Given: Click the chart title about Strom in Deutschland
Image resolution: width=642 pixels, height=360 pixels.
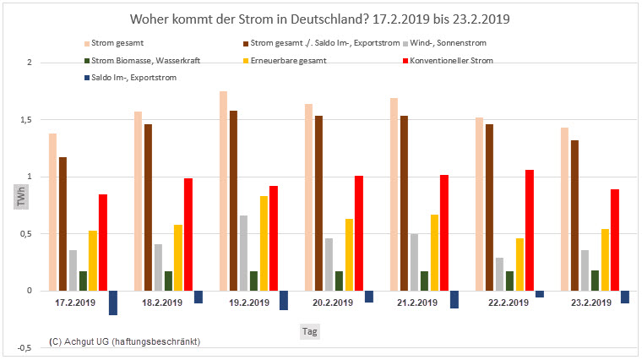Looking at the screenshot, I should coord(321,19).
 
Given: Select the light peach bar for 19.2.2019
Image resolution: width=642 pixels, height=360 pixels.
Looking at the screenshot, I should coord(223,191).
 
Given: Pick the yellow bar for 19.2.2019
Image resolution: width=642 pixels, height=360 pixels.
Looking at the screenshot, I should coord(264,243).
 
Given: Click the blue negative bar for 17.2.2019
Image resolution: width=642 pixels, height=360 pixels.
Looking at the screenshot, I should coord(113,303).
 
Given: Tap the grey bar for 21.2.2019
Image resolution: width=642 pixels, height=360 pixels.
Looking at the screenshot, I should coord(414,262).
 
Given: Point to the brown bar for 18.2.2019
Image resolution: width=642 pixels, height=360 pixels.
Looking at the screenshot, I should coord(148,207).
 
